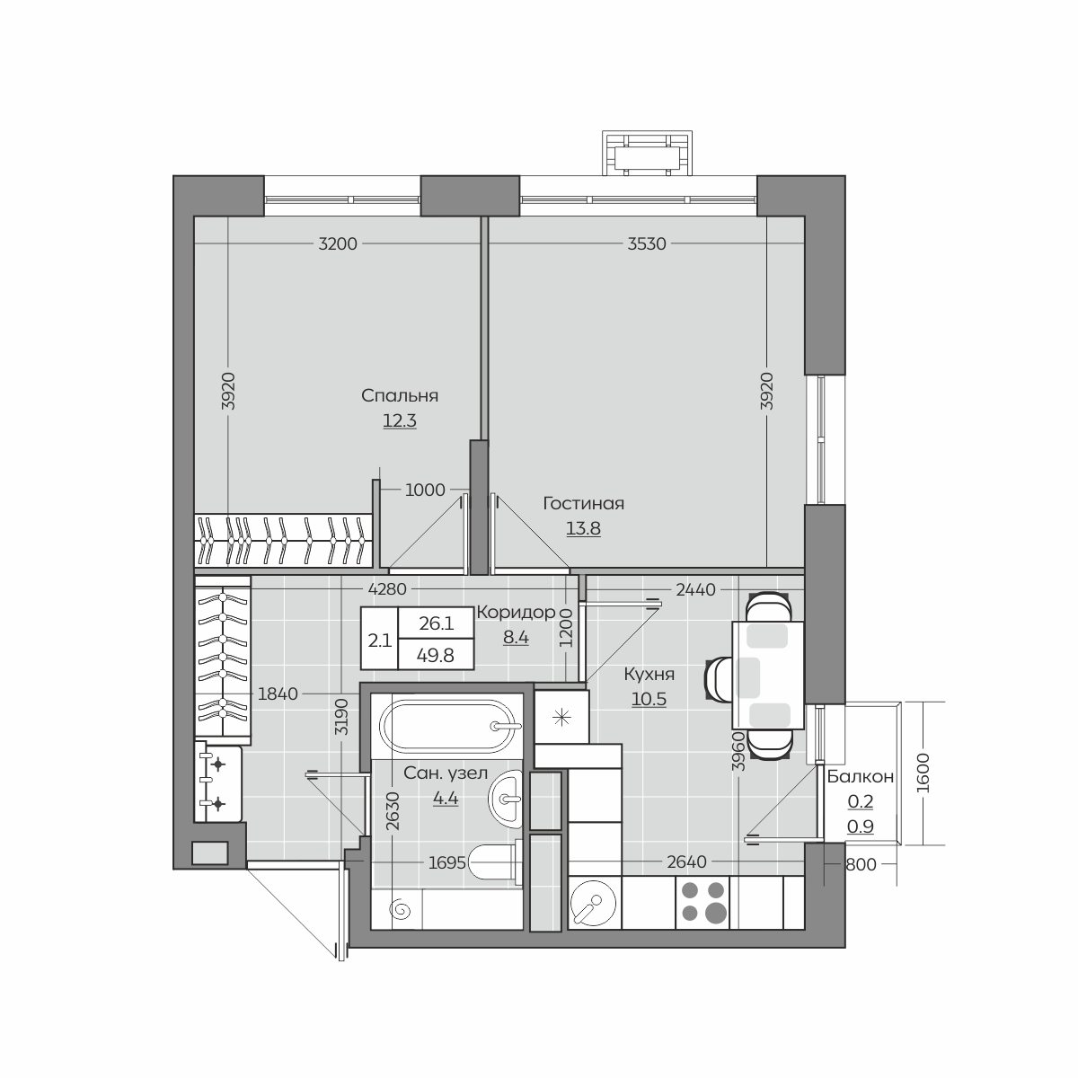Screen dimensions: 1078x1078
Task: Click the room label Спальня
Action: (x=400, y=396)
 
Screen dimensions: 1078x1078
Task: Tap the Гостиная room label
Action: (x=584, y=503)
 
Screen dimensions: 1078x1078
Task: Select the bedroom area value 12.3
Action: (x=400, y=420)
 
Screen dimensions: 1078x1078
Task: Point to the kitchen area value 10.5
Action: (x=649, y=699)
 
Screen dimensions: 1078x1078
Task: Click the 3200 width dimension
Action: (x=338, y=244)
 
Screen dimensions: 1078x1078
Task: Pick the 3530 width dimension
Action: (x=647, y=244)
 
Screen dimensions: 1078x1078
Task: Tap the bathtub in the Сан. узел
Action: (x=447, y=726)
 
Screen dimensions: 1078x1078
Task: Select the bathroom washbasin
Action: (x=505, y=799)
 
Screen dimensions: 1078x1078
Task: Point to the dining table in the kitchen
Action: (x=767, y=676)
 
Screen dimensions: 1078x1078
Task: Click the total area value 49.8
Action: (x=435, y=655)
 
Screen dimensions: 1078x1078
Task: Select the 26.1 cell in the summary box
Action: (x=436, y=623)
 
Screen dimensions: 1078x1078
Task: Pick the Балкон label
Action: (x=860, y=777)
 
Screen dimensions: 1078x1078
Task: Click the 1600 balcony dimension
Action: (x=923, y=773)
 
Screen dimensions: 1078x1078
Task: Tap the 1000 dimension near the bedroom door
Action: (x=425, y=490)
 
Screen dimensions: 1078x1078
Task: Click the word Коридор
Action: (x=516, y=613)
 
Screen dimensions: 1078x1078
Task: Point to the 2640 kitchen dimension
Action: (x=686, y=862)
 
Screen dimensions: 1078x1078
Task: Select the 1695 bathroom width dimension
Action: (x=447, y=862)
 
